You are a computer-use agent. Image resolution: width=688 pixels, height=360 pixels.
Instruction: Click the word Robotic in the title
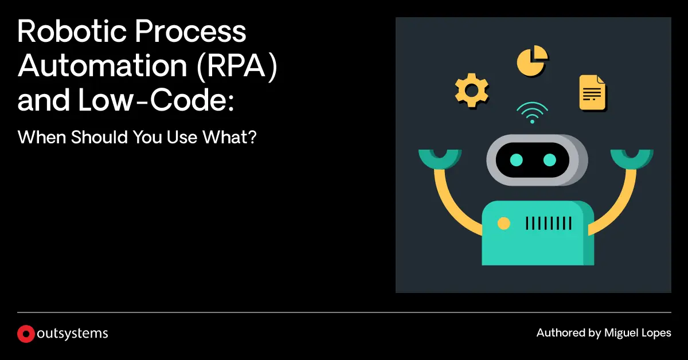point(72,31)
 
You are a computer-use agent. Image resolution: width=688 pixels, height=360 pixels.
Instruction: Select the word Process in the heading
point(190,31)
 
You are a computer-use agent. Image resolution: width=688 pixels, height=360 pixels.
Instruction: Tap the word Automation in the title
point(102,65)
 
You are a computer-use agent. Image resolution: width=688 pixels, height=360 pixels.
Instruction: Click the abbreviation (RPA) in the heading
point(237,66)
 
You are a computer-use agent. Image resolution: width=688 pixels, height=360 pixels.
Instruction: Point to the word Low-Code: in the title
point(156,100)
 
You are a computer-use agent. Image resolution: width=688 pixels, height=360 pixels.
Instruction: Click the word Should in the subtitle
point(99,137)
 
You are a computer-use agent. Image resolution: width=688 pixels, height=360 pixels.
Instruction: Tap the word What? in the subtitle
point(229,137)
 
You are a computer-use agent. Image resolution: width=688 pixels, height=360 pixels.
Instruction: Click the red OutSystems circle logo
point(26,334)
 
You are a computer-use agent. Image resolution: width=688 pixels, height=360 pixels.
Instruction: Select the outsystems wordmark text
point(72,334)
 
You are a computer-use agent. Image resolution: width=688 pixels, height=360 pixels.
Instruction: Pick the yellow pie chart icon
point(532,61)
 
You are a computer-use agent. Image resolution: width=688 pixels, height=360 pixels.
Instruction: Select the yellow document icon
point(592,93)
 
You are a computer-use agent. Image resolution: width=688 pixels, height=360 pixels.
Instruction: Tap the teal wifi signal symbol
point(532,112)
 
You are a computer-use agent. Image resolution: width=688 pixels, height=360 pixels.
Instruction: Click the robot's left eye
point(517,160)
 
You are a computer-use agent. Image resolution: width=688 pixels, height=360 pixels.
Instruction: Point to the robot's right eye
point(549,160)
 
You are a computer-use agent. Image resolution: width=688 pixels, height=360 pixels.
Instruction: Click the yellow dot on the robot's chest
point(504,224)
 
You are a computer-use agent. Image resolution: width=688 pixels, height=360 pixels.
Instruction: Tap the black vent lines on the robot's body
point(549,224)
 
